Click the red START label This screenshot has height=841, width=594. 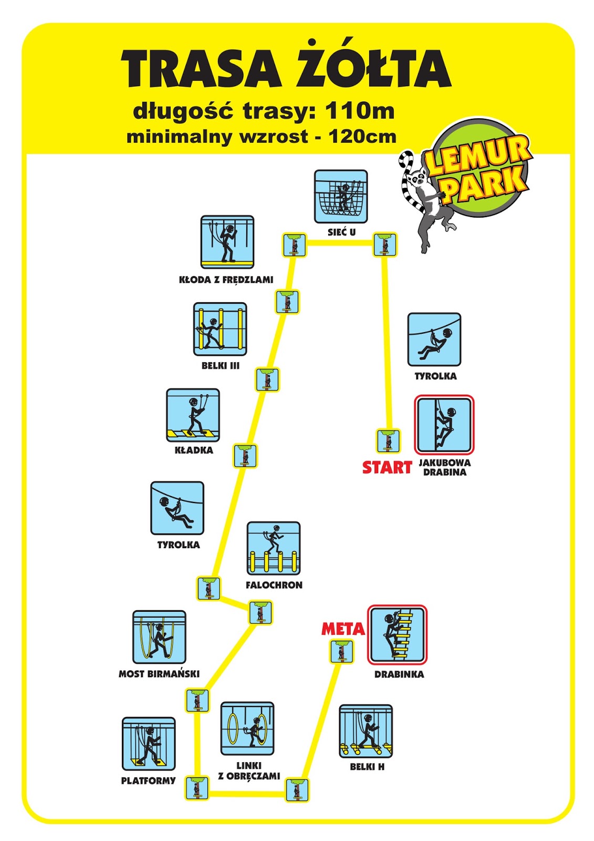pos(387,467)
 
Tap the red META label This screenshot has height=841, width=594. pos(342,629)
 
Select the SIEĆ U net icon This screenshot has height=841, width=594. pos(341,196)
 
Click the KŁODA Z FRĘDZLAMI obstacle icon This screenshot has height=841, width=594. pos(227,242)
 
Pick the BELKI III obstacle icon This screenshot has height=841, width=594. pos(220,329)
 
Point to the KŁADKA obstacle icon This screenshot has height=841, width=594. pos(193,415)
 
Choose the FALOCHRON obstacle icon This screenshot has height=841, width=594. pos(274,548)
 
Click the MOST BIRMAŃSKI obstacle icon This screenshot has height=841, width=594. pos(159,637)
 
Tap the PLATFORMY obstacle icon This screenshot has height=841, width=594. pos(149,744)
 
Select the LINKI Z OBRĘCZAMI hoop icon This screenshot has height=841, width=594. pos(247,729)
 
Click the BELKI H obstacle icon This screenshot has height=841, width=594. pos(366,731)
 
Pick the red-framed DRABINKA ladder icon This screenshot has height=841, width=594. pos(397,635)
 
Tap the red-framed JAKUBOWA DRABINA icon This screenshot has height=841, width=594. pos(444,425)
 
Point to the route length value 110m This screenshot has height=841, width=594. pos(359,111)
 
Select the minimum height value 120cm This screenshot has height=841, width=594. pos(362,137)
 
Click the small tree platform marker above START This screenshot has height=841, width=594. pos(388,441)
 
